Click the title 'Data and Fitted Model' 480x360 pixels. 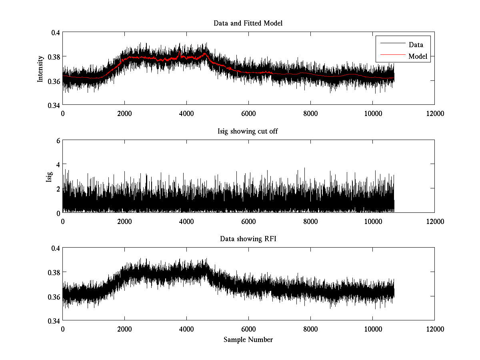pos(248,23)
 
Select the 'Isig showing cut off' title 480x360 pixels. pos(248,131)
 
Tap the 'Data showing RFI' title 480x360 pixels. pos(248,239)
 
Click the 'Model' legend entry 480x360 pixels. pos(418,56)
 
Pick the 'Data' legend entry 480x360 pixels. pos(416,45)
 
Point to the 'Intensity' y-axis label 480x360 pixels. pos(40,69)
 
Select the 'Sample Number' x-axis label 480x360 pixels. pos(248,340)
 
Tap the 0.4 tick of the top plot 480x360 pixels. pos(55,32)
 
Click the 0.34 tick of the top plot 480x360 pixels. pos(54,105)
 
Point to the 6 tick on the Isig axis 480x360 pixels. pos(58,140)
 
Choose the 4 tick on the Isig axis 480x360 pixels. pos(58,164)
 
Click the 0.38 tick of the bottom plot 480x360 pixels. pos(54,272)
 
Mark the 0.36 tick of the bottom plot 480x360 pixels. pos(54,296)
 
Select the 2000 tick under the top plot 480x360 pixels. pos(124,114)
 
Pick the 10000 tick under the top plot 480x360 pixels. pos(372,114)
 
